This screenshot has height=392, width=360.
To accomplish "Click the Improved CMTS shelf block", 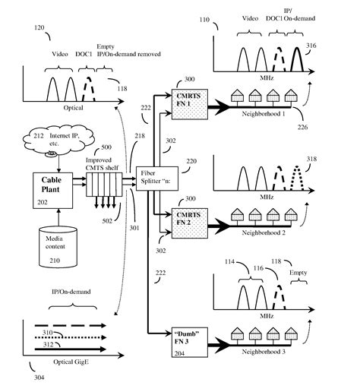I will [x=102, y=185].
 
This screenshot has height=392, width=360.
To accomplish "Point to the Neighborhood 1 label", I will [x=264, y=122].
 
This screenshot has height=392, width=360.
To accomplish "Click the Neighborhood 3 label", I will [x=264, y=355].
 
